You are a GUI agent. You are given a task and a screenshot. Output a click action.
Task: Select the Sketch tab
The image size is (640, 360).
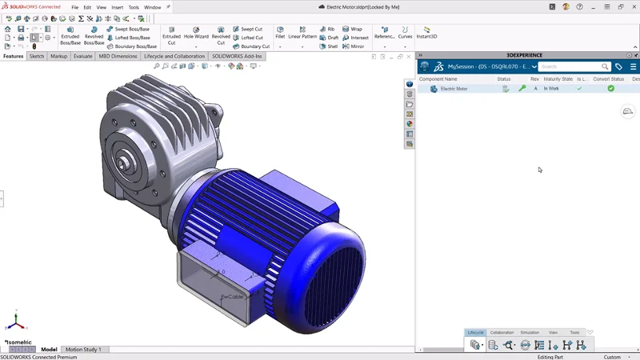pyautogui.click(x=37, y=57)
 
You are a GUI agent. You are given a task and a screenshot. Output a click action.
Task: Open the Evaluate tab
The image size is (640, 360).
pyautogui.click(x=82, y=57)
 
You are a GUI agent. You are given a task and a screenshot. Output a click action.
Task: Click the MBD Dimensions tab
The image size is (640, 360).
pyautogui.click(x=118, y=57)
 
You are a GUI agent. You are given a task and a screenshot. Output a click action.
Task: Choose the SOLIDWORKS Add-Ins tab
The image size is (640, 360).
pyautogui.click(x=238, y=57)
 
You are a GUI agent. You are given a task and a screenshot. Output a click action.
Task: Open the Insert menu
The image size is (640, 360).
pyautogui.click(x=118, y=7)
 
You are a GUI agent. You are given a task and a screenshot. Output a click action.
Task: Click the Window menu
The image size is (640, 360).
pyautogui.click(x=152, y=7)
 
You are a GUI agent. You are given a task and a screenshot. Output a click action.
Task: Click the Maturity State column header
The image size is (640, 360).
pyautogui.click(x=558, y=79)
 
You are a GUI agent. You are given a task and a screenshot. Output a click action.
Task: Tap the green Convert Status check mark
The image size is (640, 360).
pyautogui.click(x=610, y=89)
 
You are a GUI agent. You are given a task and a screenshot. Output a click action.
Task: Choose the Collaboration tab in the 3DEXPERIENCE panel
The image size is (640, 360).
pyautogui.click(x=502, y=332)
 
